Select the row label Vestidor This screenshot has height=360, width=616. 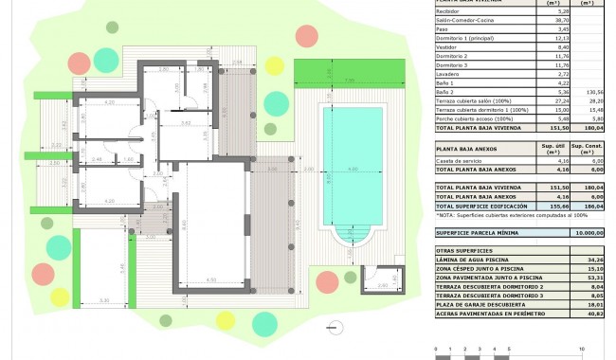tap(448, 46)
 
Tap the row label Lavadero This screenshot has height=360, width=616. tap(448, 73)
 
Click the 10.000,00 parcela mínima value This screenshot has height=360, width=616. tap(587, 231)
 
